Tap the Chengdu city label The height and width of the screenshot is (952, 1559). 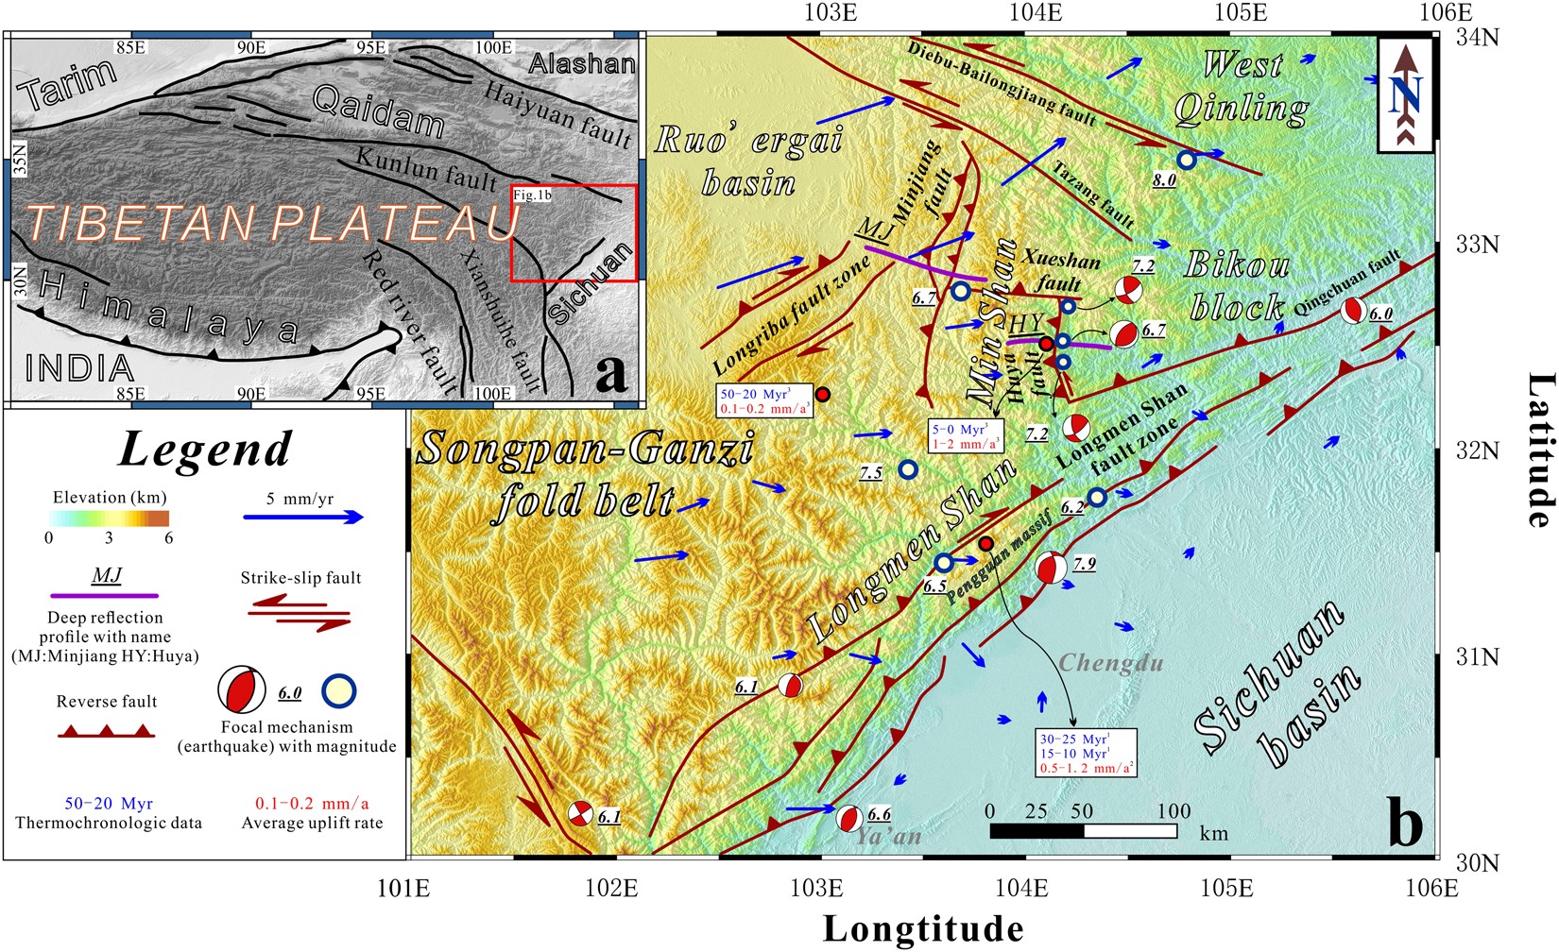(x=1110, y=662)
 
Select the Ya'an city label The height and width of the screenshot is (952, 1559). (x=888, y=835)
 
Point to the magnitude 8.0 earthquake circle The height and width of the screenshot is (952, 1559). (x=1187, y=161)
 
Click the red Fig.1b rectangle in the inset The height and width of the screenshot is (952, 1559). (x=574, y=232)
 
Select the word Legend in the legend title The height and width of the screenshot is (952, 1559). (x=205, y=449)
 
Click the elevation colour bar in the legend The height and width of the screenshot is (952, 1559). (x=109, y=518)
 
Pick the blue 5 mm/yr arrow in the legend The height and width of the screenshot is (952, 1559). (x=302, y=518)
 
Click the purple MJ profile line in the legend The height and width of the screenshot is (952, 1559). (x=106, y=596)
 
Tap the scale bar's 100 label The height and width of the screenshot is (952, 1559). (x=1174, y=811)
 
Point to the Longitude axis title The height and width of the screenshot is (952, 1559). (x=922, y=929)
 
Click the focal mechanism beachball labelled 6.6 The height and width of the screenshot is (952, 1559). (x=848, y=818)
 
